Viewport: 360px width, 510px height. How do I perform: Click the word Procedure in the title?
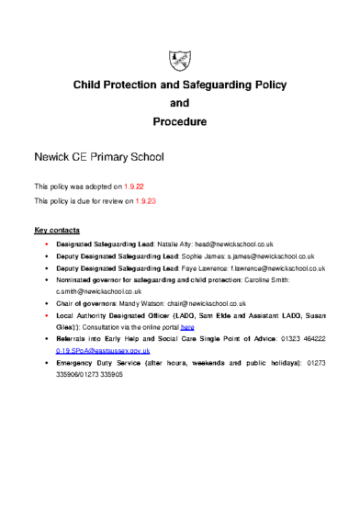point(180,121)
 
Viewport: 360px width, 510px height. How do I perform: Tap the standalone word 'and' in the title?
point(180,103)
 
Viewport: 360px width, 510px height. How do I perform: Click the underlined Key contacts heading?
point(56,229)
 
